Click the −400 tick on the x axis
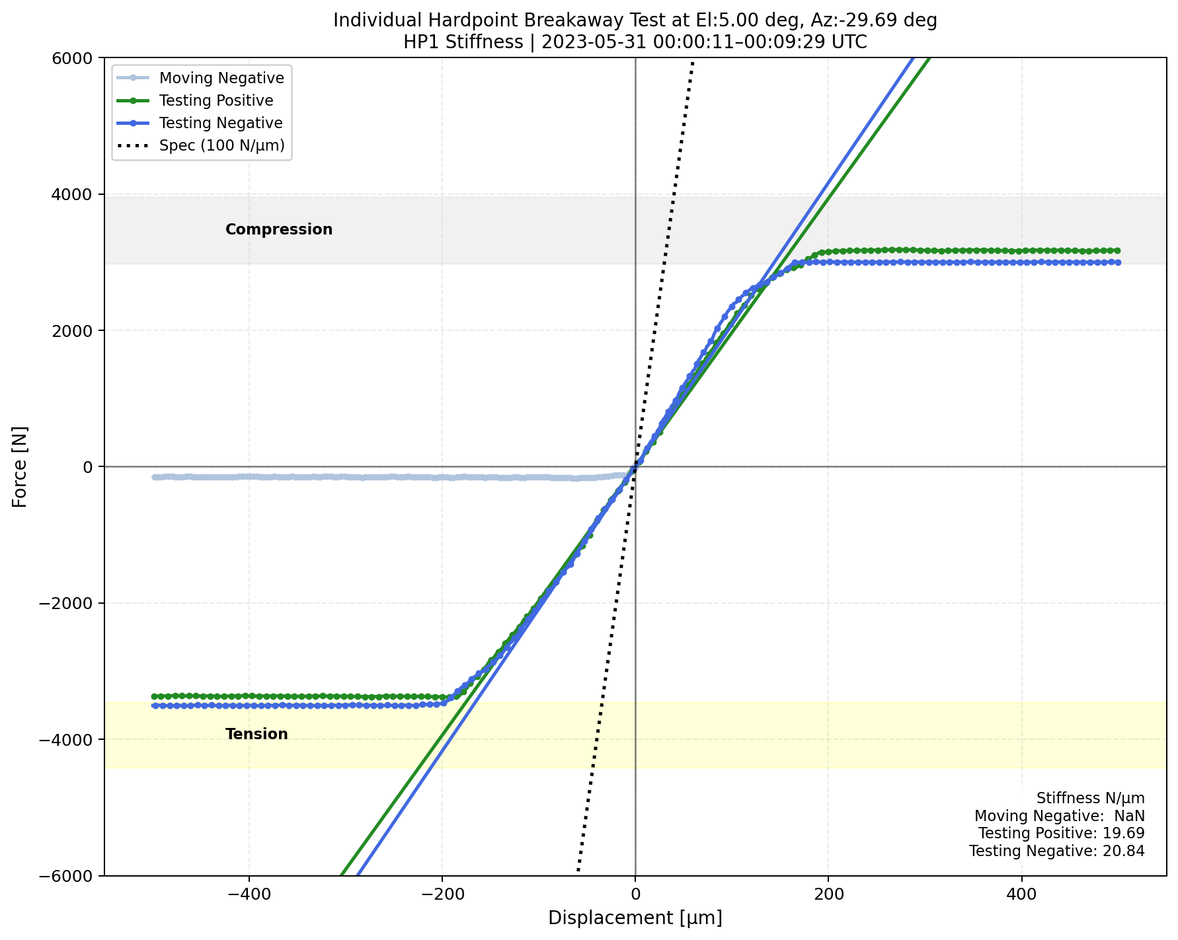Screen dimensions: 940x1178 pyautogui.click(x=249, y=895)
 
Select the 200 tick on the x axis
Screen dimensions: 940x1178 pyautogui.click(x=828, y=895)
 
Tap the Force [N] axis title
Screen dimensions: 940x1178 pyautogui.click(x=20, y=467)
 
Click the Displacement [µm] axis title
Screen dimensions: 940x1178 pyautogui.click(x=635, y=918)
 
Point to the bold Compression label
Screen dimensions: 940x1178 pyautogui.click(x=279, y=230)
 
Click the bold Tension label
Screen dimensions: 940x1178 pyautogui.click(x=256, y=735)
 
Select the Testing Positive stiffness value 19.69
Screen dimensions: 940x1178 pyautogui.click(x=1123, y=834)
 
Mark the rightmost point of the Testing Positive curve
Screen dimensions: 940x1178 pyautogui.click(x=1118, y=250)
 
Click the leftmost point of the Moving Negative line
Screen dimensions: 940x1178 pyautogui.click(x=154, y=477)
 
